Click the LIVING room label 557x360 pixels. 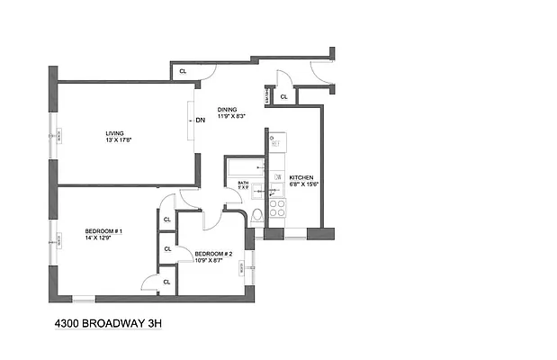tap(113, 133)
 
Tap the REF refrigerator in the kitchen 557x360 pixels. tap(276, 141)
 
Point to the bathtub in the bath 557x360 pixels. tap(245, 166)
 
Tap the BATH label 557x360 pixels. tap(243, 184)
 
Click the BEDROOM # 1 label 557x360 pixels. tap(104, 230)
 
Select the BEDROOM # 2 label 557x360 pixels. tap(214, 254)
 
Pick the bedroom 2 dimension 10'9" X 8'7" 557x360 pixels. tap(214, 260)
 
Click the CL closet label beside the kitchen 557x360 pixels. tap(283, 96)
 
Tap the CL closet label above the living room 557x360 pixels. tap(183, 69)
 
